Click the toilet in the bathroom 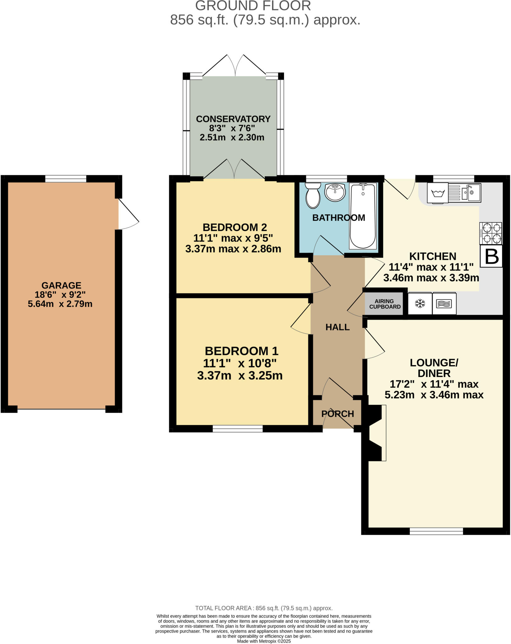click(313, 196)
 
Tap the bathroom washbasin click(335, 192)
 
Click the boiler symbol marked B click(491, 256)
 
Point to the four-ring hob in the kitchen click(491, 233)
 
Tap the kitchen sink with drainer click(464, 193)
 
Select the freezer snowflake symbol click(420, 303)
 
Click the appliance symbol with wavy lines click(444, 303)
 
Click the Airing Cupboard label click(385, 304)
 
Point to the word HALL click(337, 327)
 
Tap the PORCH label click(337, 414)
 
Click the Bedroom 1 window click(237, 428)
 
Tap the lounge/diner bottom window click(436, 531)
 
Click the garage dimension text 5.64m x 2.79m click(60, 304)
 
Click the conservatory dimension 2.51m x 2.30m click(232, 137)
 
